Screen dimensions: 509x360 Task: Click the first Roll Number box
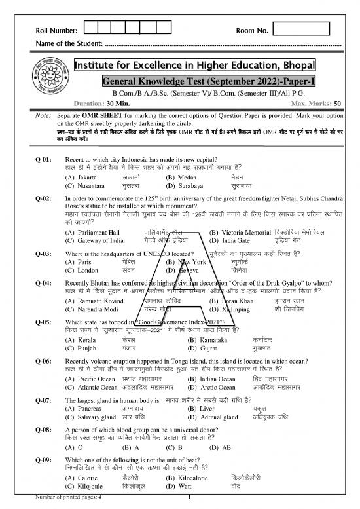click(94, 30)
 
